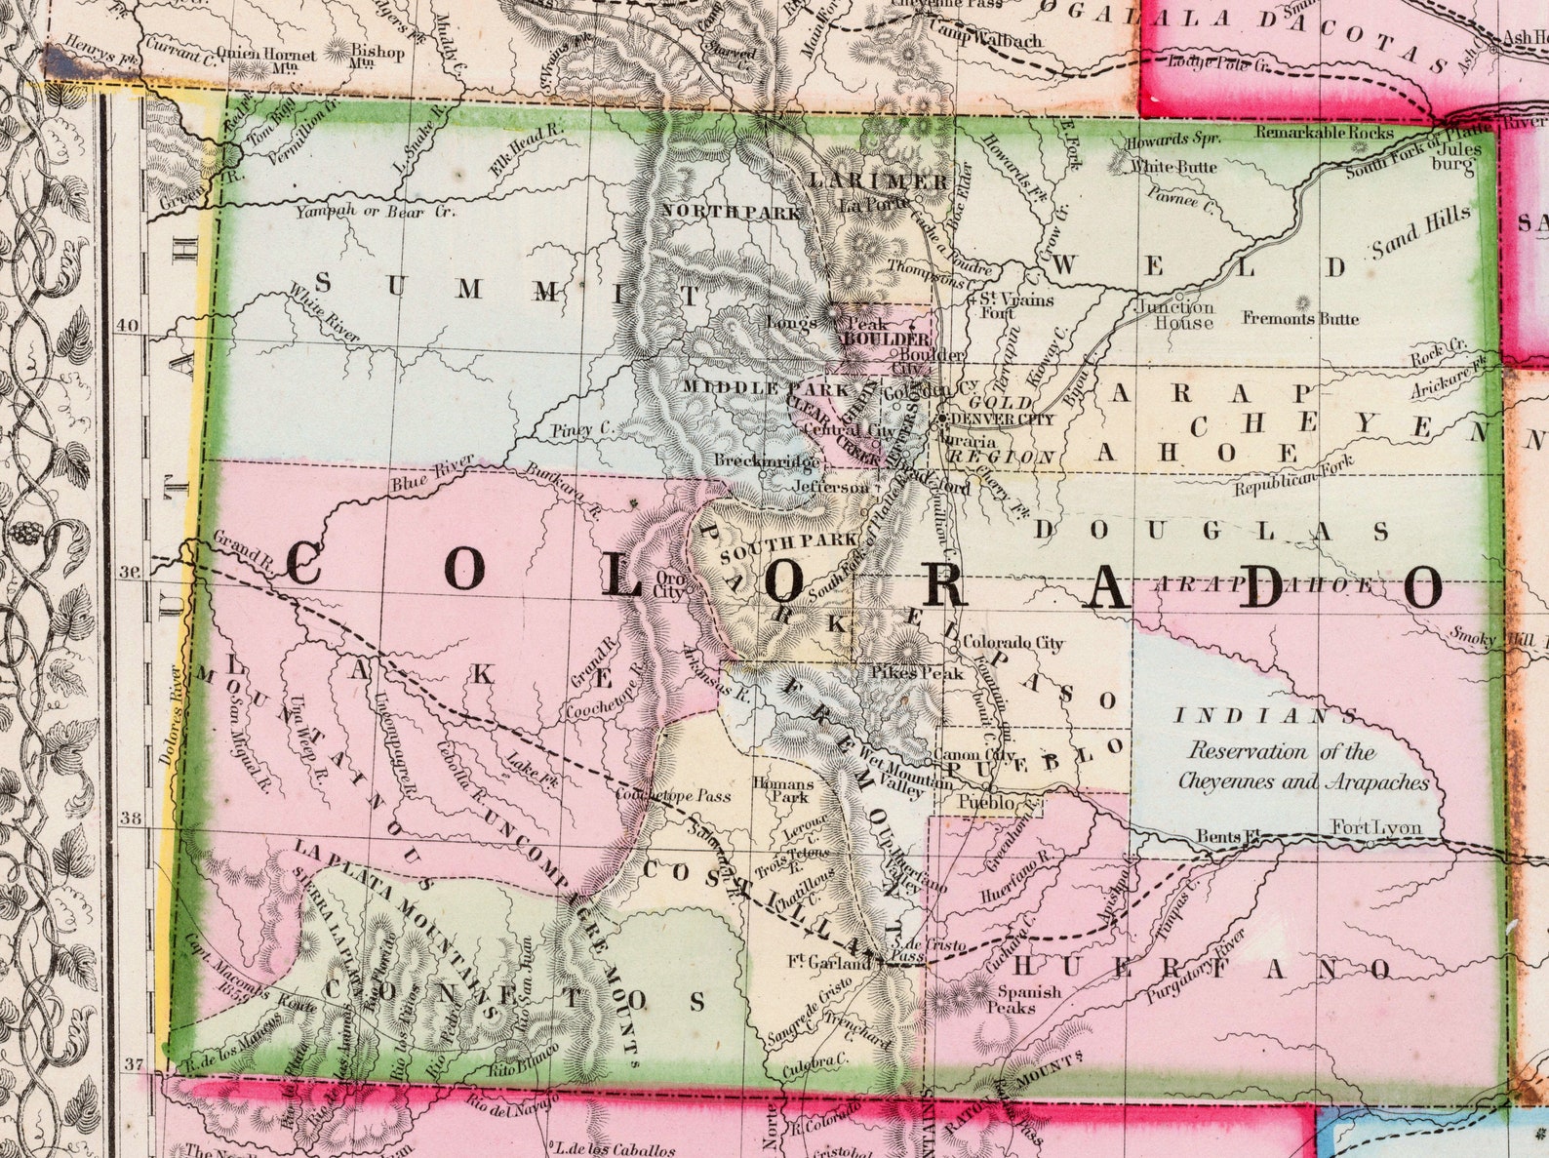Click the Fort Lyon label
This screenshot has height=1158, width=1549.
pyautogui.click(x=1376, y=828)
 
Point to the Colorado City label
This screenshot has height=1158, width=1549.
pyautogui.click(x=1013, y=643)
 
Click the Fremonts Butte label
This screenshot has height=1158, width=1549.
pyautogui.click(x=1300, y=318)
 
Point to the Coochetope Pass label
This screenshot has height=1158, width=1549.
pyautogui.click(x=673, y=796)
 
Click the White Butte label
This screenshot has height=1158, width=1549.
pyautogui.click(x=1173, y=167)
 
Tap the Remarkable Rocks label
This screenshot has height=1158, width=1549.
pyautogui.click(x=1325, y=132)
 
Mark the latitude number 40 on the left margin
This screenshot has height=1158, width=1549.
pyautogui.click(x=129, y=328)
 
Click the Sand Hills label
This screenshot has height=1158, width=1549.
pyautogui.click(x=1420, y=234)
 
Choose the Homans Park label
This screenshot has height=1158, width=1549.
pyautogui.click(x=782, y=790)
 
